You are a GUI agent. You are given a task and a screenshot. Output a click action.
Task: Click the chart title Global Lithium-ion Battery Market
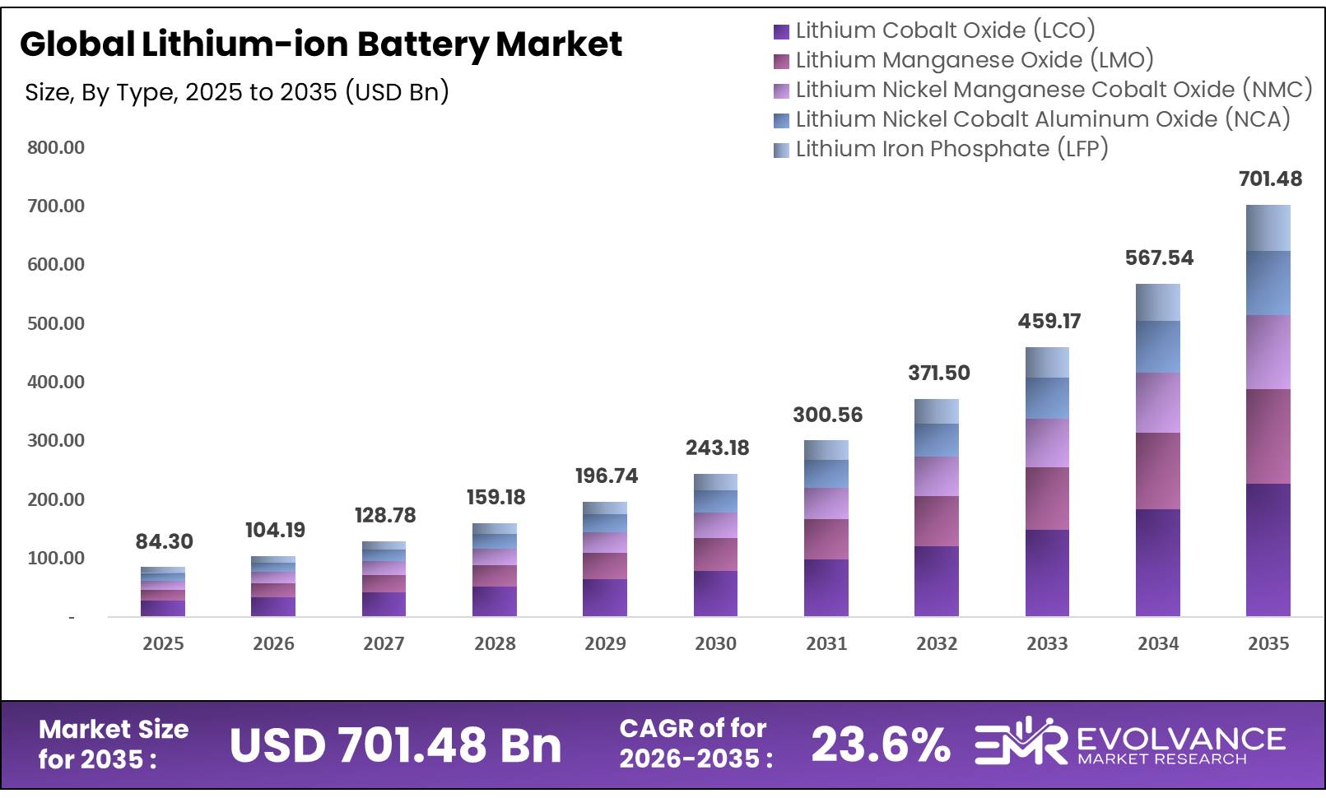pos(320,44)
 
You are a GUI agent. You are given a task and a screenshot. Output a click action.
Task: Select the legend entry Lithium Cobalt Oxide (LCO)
pos(945,30)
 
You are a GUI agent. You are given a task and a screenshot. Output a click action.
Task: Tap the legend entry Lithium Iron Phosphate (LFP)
pos(951,149)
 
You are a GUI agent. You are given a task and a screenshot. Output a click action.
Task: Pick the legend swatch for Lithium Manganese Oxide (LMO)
pos(781,61)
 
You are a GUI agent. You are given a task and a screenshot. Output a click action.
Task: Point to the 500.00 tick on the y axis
pos(55,323)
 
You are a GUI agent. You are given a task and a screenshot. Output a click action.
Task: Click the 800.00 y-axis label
pos(55,147)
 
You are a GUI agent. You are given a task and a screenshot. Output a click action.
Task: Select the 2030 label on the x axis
pos(715,643)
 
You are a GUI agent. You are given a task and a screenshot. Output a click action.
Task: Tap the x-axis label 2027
pos(384,643)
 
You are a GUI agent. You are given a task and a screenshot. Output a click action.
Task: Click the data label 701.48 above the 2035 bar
pos(1269,179)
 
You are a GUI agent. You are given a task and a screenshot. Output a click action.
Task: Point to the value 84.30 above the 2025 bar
pos(164,541)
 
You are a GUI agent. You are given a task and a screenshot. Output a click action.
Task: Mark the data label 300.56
pos(827,415)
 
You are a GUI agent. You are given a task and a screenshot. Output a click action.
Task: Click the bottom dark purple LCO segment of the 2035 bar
pos(1268,550)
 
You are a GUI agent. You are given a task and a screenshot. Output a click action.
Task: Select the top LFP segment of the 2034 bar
pos(1157,302)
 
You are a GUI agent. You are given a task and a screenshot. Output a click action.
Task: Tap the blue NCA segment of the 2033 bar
pos(1047,398)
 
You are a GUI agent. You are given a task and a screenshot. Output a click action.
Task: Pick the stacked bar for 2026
pos(273,586)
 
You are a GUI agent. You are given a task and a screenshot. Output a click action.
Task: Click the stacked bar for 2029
pos(605,559)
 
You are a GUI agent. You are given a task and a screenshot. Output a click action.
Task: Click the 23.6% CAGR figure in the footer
pos(880,745)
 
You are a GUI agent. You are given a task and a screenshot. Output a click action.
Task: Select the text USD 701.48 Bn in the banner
pos(395,745)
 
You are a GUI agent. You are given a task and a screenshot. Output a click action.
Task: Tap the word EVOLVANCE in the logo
pos(1180,738)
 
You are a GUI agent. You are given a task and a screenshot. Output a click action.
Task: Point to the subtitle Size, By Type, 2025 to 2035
pos(236,91)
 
